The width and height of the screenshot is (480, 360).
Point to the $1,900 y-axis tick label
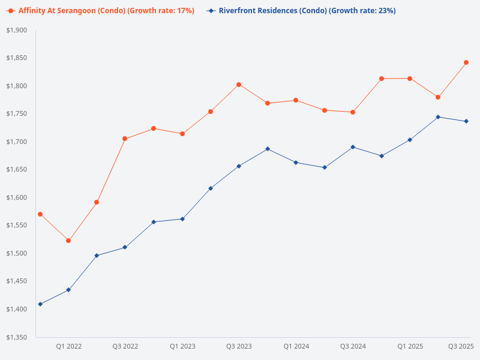(x=16, y=30)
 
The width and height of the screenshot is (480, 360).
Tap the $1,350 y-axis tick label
(x=16, y=337)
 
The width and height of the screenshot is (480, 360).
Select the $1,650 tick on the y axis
(x=16, y=170)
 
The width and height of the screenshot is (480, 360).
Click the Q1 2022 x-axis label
(x=69, y=346)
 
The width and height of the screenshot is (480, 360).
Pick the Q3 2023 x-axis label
(x=239, y=346)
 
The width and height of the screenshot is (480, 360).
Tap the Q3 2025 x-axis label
(x=461, y=346)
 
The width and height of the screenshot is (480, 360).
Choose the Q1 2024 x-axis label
(x=296, y=346)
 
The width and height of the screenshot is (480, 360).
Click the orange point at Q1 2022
(x=68, y=241)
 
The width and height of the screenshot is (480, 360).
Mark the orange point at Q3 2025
(x=466, y=62)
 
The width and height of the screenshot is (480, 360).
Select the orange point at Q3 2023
(x=239, y=85)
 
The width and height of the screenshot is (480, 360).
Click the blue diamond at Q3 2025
(x=466, y=121)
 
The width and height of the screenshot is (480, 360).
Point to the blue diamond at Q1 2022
(x=68, y=290)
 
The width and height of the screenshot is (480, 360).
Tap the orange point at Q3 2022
(x=125, y=139)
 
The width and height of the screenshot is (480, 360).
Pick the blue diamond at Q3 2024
(x=353, y=147)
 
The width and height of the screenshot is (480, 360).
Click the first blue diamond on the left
(x=40, y=304)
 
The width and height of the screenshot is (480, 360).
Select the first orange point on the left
(x=40, y=214)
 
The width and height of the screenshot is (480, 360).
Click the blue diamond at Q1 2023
(x=182, y=219)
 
